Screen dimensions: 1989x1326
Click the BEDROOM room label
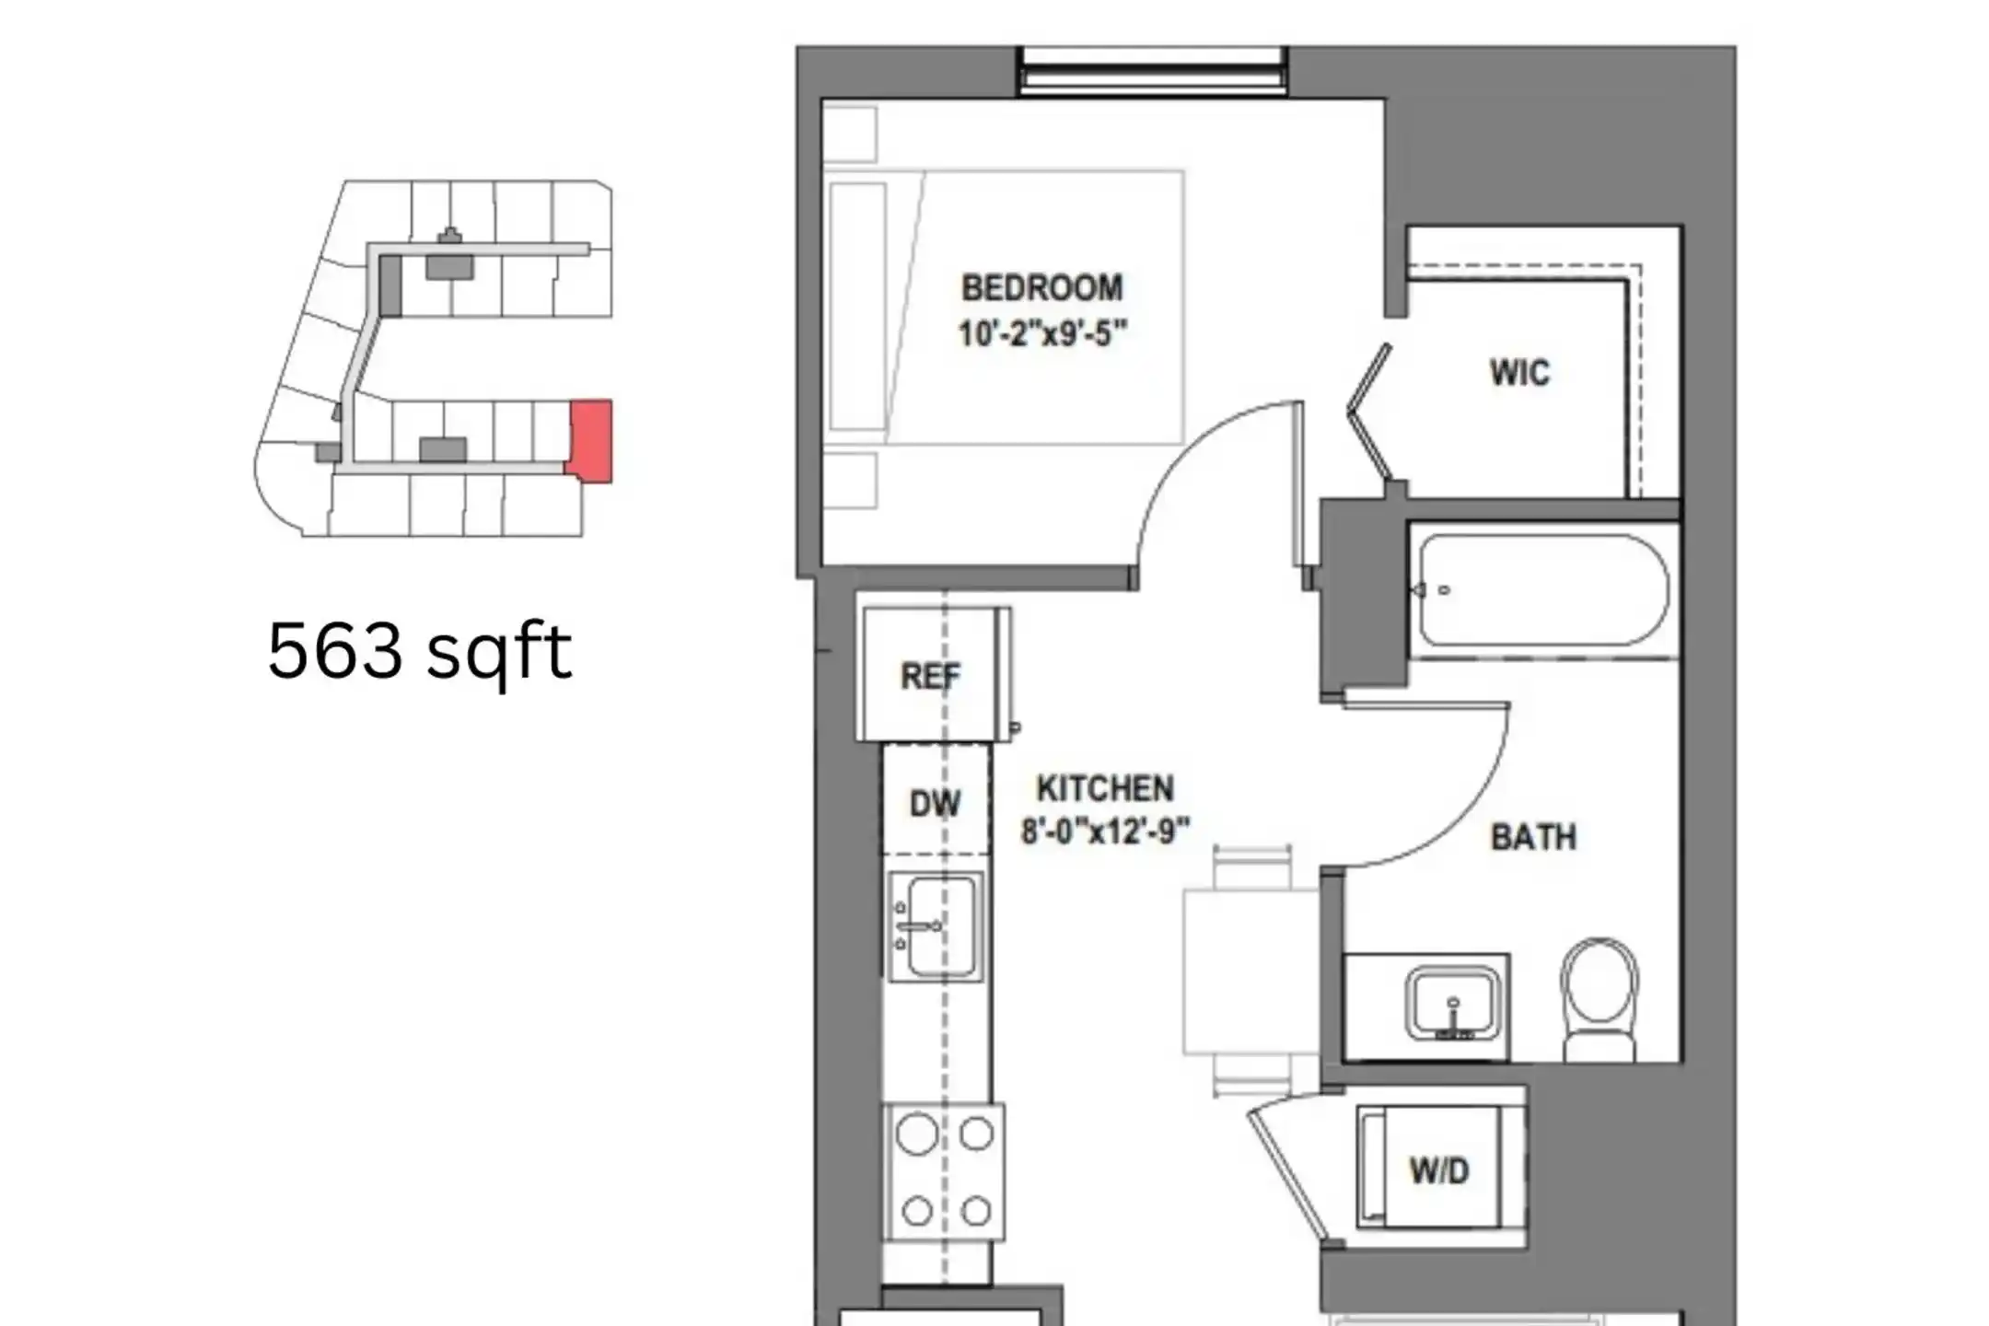1042,288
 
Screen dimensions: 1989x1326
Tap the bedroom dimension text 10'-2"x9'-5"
1042,333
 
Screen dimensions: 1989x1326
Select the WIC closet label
1520,373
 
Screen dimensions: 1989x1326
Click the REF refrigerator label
930,677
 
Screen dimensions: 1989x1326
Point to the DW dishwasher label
935,804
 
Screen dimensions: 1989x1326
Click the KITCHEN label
1105,789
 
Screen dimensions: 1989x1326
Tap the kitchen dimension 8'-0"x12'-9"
1105,832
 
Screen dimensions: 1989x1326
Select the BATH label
1533,837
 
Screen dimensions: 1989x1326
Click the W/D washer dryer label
1439,1171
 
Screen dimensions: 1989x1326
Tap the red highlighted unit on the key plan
589,440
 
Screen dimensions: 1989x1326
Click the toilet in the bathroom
1600,1000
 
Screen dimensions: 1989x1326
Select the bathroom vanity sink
1453,1003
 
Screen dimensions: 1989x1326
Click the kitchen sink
936,926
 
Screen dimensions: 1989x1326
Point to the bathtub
1542,589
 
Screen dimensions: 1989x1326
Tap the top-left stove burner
916,1134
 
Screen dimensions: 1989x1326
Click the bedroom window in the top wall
1152,71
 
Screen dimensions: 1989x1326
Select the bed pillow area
857,307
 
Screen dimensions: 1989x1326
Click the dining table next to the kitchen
1250,971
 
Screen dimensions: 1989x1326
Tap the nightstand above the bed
849,134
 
